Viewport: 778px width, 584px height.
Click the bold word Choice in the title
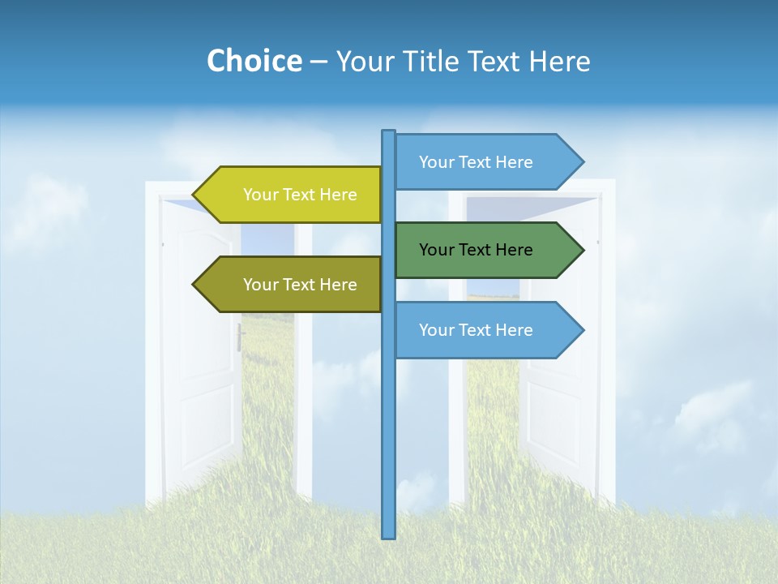(254, 61)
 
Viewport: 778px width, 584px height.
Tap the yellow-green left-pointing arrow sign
(292, 195)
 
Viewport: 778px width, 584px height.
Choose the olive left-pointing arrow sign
(292, 285)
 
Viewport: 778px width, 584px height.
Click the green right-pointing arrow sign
(482, 250)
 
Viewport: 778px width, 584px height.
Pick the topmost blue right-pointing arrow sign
(482, 161)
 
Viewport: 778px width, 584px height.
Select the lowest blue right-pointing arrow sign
(482, 330)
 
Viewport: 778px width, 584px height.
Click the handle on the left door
(241, 337)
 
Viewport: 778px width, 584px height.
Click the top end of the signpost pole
(389, 132)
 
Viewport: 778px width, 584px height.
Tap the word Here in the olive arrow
(338, 285)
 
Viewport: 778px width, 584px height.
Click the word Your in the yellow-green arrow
(260, 195)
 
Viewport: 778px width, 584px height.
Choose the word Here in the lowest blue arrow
(514, 330)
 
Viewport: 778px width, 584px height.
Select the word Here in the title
(559, 61)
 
